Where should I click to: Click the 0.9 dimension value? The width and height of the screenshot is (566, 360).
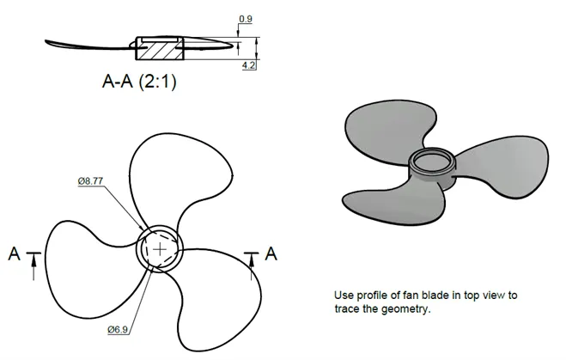coord(246,19)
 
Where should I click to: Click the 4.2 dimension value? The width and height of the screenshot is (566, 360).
coord(249,65)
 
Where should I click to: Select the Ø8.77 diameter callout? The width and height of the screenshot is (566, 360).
coord(90,181)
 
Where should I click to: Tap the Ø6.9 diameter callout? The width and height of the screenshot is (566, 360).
coord(118,329)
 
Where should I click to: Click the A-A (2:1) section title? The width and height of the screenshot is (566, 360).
coord(139,81)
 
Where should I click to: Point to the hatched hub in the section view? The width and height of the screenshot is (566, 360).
coord(160,51)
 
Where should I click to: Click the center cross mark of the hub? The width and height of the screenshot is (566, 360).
coord(160,249)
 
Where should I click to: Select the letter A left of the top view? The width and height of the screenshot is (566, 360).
coord(14,253)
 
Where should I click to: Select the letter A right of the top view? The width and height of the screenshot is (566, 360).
coord(271,253)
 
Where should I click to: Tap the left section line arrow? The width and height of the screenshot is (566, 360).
coord(34,266)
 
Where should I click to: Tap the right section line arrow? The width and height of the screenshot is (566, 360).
coord(252,266)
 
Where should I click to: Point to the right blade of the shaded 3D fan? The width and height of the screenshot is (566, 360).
coord(505,166)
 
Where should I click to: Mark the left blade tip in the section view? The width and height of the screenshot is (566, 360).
coord(46,42)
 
